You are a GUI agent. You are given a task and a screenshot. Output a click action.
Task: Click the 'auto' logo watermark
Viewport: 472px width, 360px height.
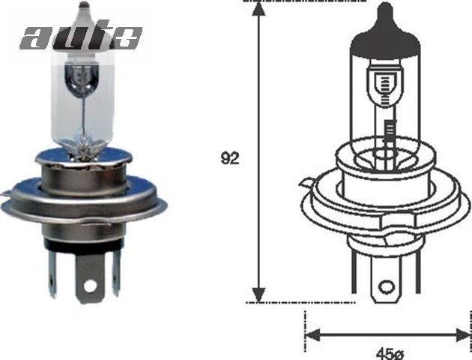(81, 35)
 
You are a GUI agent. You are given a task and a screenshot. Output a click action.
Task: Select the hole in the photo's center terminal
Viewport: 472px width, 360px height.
(90, 286)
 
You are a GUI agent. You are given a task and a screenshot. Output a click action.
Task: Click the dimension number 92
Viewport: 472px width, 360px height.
(230, 158)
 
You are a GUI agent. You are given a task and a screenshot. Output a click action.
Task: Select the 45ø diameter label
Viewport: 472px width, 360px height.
(387, 351)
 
